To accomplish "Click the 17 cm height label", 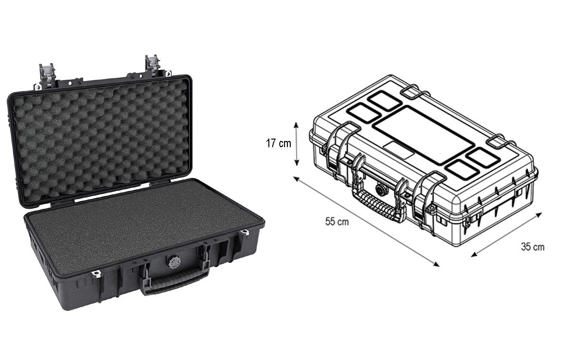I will [x=278, y=143].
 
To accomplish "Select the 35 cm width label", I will [x=532, y=247].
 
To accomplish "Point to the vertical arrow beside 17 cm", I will [x=296, y=143].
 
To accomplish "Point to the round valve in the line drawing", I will [x=381, y=189].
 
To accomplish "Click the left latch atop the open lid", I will [x=45, y=75].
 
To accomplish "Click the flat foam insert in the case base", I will [x=143, y=224].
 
